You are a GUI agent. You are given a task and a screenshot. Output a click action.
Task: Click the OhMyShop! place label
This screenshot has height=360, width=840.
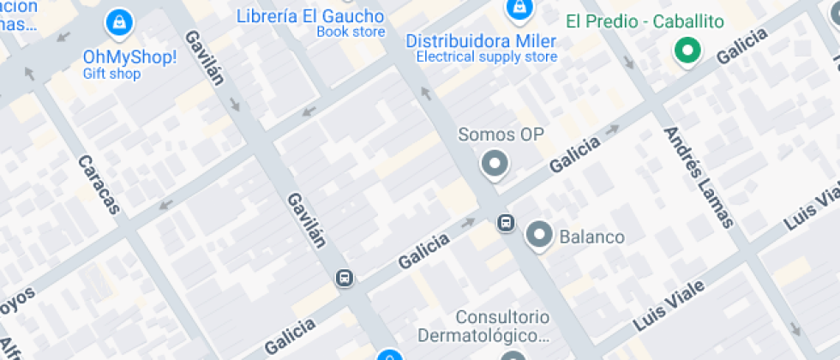coord(129,57)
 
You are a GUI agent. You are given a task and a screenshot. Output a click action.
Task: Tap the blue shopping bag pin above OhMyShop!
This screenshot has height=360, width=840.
coord(117,23)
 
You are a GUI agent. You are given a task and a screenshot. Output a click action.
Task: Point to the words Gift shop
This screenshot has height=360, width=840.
coord(111,74)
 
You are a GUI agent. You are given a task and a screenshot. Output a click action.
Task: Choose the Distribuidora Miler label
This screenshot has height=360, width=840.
coord(481,41)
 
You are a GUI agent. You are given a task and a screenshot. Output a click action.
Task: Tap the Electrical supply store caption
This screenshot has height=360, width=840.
coord(487,57)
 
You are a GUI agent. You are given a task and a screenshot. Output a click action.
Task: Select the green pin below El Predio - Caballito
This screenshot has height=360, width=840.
coord(686,51)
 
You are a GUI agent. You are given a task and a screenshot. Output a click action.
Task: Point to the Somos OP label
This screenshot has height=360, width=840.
coord(501,135)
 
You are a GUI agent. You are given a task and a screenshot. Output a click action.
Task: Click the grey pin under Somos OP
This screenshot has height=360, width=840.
coord(494,163)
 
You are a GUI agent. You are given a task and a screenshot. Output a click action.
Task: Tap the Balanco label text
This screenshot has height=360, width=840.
coord(591,236)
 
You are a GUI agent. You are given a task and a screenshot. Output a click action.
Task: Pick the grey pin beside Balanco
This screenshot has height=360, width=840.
coord(539,234)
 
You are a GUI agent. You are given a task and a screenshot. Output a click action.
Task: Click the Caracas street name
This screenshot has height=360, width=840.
coord(99,184)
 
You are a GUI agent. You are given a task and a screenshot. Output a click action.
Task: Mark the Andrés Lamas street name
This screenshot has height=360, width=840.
coord(699,177)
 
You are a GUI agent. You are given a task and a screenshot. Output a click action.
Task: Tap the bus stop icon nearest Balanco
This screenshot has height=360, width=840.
coord(506,223)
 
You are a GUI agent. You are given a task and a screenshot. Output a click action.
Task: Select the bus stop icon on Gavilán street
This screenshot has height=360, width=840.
coord(345,279)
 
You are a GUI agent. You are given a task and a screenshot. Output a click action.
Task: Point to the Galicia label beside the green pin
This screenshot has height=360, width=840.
coord(741,45)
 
